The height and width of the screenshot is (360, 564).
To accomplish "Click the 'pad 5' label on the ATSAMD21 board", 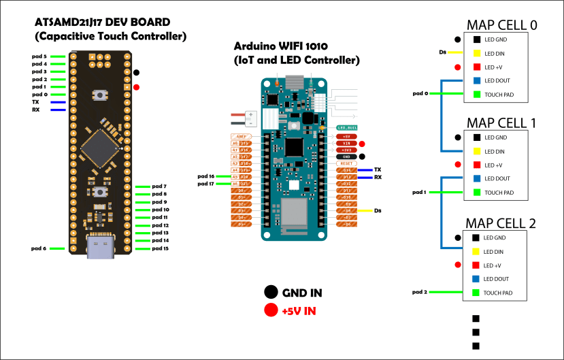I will pos(39,56).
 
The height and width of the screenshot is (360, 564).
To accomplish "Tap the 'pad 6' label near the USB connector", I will pos(39,248).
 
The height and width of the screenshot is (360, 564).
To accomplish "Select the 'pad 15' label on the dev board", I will pos(161,248).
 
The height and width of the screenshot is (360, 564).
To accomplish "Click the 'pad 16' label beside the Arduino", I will pos(206,176).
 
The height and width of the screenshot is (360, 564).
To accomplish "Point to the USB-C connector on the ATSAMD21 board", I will pos(100,246).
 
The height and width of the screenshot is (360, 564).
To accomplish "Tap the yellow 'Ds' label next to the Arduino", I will pos(378,211).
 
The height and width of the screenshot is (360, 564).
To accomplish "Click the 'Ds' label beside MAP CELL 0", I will pos(443,53).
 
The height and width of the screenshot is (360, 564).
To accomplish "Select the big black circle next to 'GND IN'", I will pos(271,293).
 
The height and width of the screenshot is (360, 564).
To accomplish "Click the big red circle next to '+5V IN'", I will pos(271,311).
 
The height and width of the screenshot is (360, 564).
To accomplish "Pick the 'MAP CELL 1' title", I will pos(501,123).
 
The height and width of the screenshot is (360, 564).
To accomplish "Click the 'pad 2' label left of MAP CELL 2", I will pos(420,292).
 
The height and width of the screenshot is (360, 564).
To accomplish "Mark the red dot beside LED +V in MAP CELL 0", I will pos(458,67).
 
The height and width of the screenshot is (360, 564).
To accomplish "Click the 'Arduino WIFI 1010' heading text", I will pos(280,46).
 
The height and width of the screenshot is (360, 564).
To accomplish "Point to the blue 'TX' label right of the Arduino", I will pos(378,169).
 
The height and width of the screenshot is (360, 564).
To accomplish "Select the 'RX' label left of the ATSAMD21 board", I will pos(35,109).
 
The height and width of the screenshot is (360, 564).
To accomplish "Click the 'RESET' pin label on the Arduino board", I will pos(346,163).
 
